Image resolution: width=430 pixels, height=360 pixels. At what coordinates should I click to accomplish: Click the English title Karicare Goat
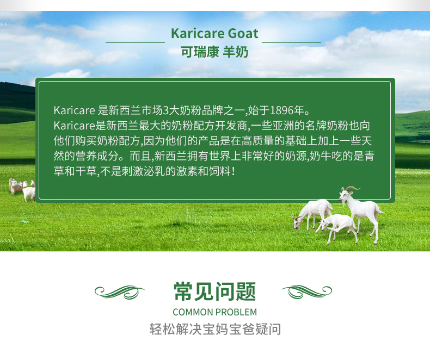click(214, 34)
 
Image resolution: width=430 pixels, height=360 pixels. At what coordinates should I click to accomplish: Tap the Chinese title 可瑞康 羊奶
click(214, 52)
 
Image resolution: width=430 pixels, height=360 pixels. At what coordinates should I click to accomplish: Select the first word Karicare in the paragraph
click(74, 110)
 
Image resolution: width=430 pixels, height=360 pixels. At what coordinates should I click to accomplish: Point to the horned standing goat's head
click(344, 195)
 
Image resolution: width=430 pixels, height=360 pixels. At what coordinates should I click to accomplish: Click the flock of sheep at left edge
click(22, 190)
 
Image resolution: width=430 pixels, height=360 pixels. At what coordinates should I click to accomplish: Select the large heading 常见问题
click(214, 291)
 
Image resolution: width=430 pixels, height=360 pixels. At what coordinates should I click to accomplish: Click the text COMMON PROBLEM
click(214, 312)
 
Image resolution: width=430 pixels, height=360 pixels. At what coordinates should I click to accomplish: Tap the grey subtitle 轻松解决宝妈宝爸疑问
click(216, 329)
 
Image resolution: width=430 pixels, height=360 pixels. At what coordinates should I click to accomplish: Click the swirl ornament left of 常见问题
click(120, 291)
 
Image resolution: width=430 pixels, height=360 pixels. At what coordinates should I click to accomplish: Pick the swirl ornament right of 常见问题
click(307, 291)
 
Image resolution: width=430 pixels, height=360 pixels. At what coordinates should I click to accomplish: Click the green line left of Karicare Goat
click(135, 42)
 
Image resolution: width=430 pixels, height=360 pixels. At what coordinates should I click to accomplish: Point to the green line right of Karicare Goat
click(292, 42)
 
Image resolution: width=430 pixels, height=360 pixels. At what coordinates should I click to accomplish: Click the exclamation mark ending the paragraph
click(234, 172)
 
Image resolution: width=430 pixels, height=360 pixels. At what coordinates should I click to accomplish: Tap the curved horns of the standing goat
click(352, 189)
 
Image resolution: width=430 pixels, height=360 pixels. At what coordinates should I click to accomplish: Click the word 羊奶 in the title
click(236, 52)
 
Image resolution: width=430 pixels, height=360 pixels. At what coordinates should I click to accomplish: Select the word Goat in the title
click(243, 34)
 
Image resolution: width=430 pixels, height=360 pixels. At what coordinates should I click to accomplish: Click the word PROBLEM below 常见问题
click(236, 312)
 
